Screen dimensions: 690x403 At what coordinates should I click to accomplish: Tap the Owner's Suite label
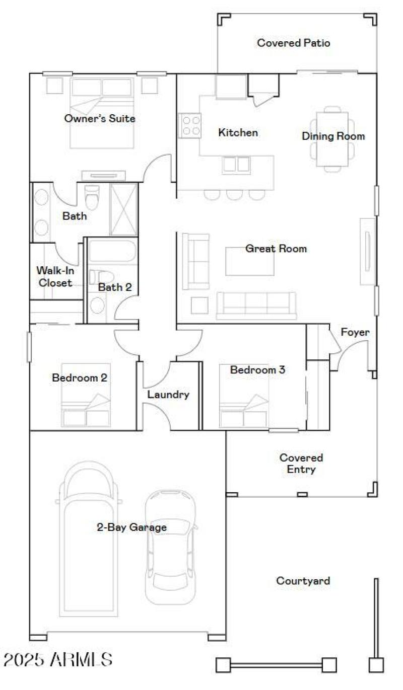[x=100, y=119]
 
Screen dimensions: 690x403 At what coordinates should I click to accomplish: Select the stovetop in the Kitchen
[x=190, y=125]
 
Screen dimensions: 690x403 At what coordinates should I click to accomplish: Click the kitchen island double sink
[x=236, y=165]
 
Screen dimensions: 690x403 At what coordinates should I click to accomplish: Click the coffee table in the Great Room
[x=250, y=261]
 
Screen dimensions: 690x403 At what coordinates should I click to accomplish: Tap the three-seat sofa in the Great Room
[x=256, y=305]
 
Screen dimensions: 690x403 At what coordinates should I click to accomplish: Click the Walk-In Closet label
[x=55, y=277]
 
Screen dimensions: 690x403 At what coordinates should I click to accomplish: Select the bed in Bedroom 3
[x=244, y=396]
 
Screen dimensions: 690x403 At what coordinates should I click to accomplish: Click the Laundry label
[x=168, y=395]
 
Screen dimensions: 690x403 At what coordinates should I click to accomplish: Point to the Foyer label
[x=355, y=332]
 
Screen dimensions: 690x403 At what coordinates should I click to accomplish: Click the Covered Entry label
[x=301, y=464]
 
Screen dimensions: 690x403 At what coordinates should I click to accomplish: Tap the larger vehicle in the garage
[x=90, y=539]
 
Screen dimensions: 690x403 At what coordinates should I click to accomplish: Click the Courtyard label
[x=303, y=581]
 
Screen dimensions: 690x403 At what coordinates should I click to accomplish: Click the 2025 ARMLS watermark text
[x=58, y=659]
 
